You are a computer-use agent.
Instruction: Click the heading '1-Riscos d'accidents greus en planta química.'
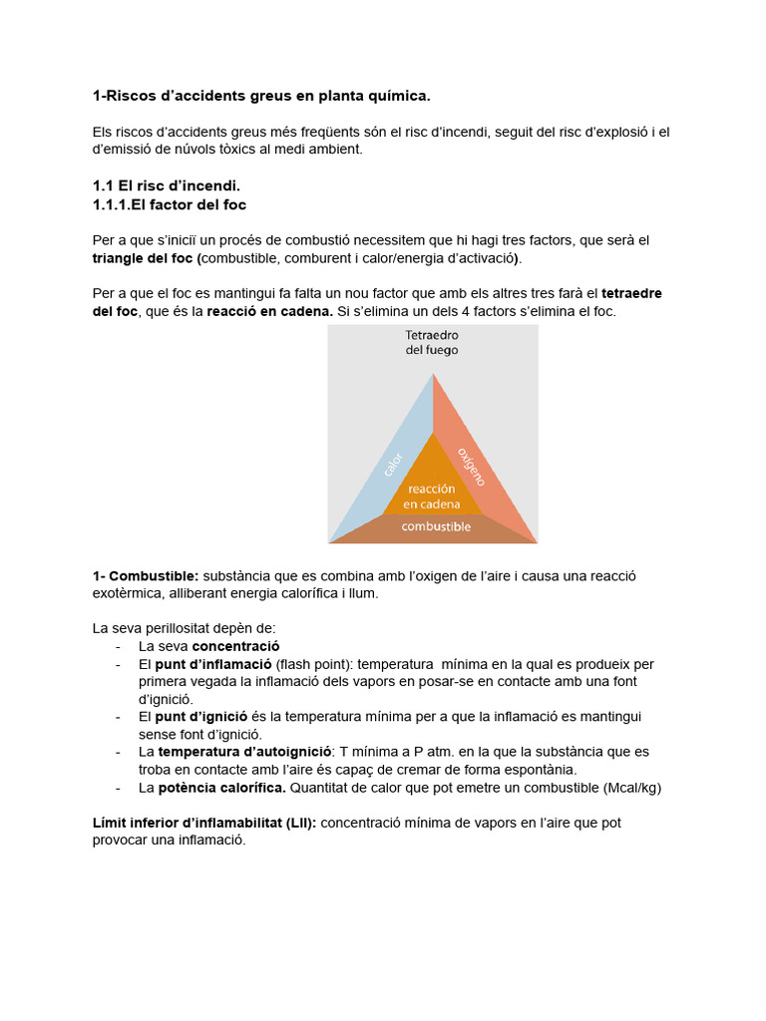pyautogui.click(x=261, y=96)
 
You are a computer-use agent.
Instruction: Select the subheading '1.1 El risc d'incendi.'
pyautogui.click(x=167, y=185)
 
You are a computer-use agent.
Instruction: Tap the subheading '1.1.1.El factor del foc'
pyautogui.click(x=169, y=204)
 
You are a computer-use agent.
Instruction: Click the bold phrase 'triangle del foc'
pyautogui.click(x=143, y=258)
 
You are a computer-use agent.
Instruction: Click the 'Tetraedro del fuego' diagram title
pyautogui.click(x=432, y=342)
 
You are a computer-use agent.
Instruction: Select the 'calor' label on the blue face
pyautogui.click(x=393, y=464)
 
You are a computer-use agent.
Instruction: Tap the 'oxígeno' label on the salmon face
pyautogui.click(x=471, y=466)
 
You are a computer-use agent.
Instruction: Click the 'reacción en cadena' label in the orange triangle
pyautogui.click(x=432, y=497)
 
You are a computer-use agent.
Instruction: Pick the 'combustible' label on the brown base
pyautogui.click(x=436, y=526)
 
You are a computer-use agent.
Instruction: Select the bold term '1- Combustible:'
pyautogui.click(x=146, y=576)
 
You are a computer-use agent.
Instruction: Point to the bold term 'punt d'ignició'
pyautogui.click(x=202, y=717)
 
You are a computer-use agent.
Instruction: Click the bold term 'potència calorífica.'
pyautogui.click(x=221, y=788)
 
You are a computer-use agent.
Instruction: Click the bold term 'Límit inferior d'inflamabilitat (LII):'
pyautogui.click(x=203, y=824)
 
